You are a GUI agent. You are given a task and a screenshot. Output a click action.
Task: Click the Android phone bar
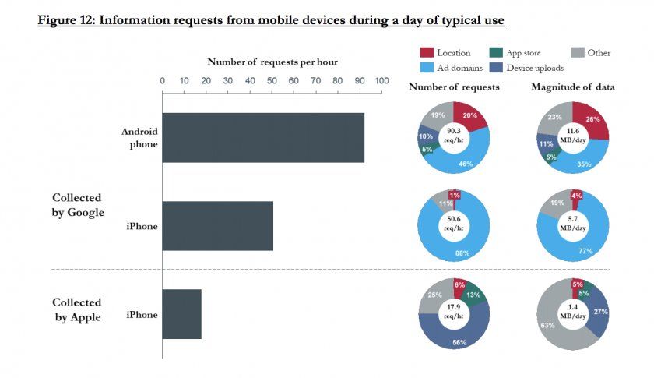263,138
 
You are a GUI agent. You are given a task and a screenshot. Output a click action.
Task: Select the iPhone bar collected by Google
217,226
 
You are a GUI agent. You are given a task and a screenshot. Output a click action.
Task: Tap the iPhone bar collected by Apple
181,314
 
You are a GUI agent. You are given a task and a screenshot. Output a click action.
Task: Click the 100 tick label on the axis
381,80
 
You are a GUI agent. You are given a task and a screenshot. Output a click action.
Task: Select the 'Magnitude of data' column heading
573,87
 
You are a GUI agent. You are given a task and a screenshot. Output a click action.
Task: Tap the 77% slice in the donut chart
585,250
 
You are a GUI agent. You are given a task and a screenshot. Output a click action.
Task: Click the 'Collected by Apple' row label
76,309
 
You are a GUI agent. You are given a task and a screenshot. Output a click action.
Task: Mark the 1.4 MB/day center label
572,313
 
